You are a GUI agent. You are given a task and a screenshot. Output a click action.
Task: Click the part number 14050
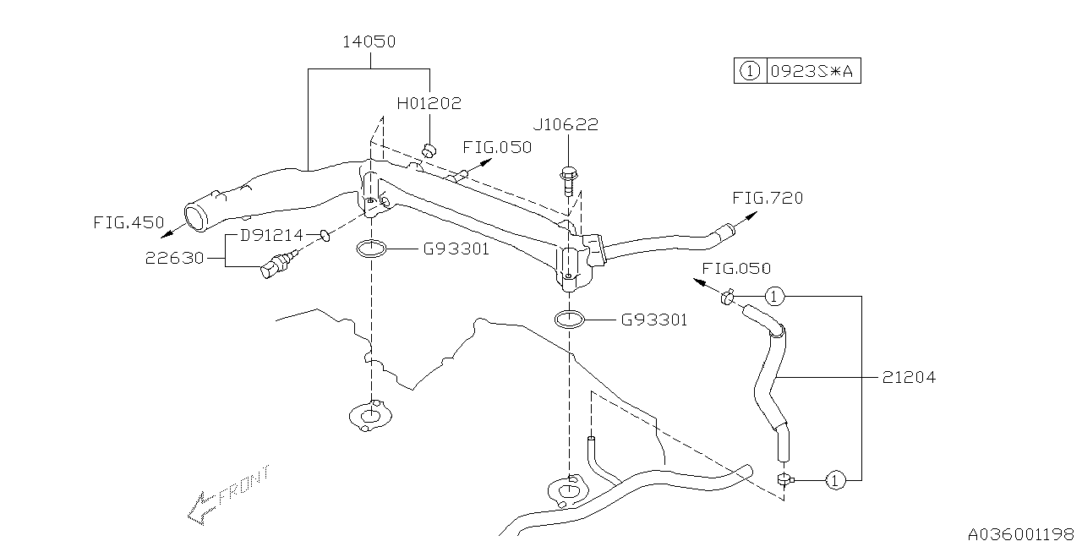tap(369, 41)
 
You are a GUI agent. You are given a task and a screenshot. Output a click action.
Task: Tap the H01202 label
tap(429, 104)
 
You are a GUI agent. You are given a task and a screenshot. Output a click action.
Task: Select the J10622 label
tap(565, 125)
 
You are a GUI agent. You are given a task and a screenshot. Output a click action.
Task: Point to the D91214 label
tap(271, 234)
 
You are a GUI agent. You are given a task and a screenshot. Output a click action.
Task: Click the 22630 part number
tap(174, 258)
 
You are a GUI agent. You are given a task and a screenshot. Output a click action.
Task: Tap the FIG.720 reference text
tap(767, 198)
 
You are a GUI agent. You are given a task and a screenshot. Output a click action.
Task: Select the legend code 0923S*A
tap(812, 72)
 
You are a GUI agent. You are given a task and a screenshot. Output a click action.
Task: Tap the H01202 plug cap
tap(429, 150)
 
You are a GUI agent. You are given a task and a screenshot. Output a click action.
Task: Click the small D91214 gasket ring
tap(324, 234)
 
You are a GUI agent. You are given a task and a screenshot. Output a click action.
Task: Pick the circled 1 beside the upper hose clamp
tap(775, 296)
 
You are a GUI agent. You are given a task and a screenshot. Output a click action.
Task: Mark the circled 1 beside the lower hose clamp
tap(834, 480)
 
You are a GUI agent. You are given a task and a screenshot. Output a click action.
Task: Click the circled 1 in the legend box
tap(749, 72)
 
